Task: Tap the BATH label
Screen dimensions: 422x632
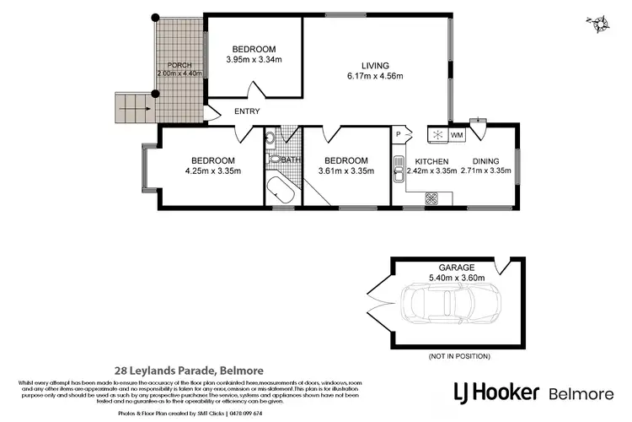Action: point(292,160)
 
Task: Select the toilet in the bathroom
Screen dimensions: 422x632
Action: point(274,159)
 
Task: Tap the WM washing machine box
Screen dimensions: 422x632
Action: point(457,134)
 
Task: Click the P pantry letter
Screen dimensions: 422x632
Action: point(397,134)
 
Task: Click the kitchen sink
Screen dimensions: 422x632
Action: point(397,170)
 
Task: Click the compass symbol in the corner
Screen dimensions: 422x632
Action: point(600,25)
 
